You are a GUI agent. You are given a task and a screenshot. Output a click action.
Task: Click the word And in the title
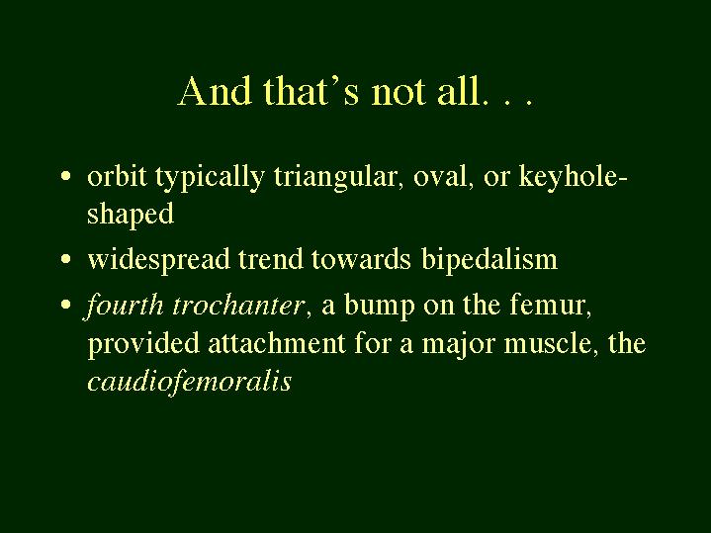[215, 91]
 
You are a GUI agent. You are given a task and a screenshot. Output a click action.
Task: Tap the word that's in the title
[311, 91]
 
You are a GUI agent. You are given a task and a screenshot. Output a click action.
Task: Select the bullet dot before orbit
[66, 176]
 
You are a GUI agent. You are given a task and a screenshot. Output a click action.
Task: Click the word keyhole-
[574, 176]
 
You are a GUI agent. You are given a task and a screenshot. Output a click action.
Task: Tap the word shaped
[131, 214]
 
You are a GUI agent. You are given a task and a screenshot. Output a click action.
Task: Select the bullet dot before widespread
[66, 259]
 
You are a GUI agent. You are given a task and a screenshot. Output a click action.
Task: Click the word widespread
[158, 259]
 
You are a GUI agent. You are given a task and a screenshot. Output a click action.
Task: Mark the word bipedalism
[489, 259]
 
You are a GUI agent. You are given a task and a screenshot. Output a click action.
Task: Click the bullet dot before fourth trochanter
[66, 304]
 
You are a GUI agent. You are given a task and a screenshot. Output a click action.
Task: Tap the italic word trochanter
[237, 305]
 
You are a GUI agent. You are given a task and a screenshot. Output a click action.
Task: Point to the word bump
[379, 305]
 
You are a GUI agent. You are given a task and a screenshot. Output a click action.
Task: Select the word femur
[551, 305]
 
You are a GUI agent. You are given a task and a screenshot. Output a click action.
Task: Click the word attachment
[277, 342]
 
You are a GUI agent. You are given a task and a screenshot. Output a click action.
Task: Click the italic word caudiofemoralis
[190, 381]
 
